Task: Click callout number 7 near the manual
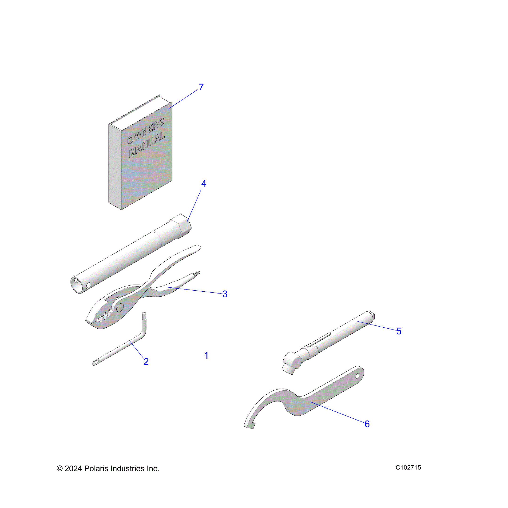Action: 201,87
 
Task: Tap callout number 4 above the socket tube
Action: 204,183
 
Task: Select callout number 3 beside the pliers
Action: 225,294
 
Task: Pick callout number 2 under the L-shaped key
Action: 146,361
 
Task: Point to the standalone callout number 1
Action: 206,356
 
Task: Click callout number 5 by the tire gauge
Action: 399,331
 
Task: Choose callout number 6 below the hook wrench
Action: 367,424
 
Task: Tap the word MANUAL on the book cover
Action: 147,145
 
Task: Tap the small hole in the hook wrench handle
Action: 357,376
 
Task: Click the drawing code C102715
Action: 408,475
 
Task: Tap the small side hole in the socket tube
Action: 88,285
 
